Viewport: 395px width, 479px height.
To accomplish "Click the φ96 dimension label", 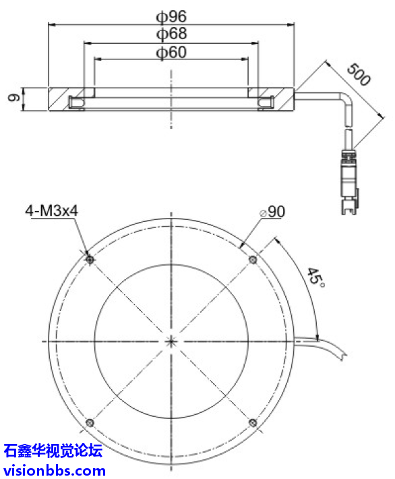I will [171, 16].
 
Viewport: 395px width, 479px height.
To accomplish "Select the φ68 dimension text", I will [171, 33].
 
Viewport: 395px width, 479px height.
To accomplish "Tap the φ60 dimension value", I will [171, 52].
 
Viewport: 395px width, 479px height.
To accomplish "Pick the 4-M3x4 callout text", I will [53, 211].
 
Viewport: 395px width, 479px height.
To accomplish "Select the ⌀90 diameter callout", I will [272, 212].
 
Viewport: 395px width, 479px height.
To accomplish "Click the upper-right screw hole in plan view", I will [253, 260].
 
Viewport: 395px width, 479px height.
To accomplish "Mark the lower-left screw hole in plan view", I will [90, 423].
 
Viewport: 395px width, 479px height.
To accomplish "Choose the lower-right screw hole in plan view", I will [253, 423].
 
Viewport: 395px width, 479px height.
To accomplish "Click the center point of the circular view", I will [171, 341].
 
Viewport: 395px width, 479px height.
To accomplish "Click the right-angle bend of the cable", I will [345, 101].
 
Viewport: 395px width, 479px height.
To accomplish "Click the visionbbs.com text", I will [54, 470].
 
